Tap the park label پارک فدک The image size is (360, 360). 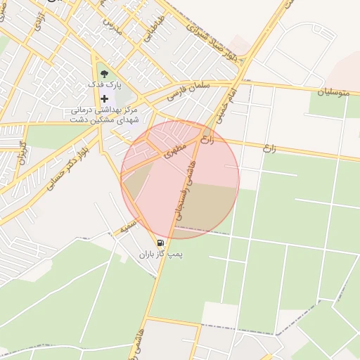click(105, 84)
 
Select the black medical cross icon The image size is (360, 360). click(105, 98)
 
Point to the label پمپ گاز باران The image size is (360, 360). click(160, 255)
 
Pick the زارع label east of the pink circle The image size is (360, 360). click(269, 148)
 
